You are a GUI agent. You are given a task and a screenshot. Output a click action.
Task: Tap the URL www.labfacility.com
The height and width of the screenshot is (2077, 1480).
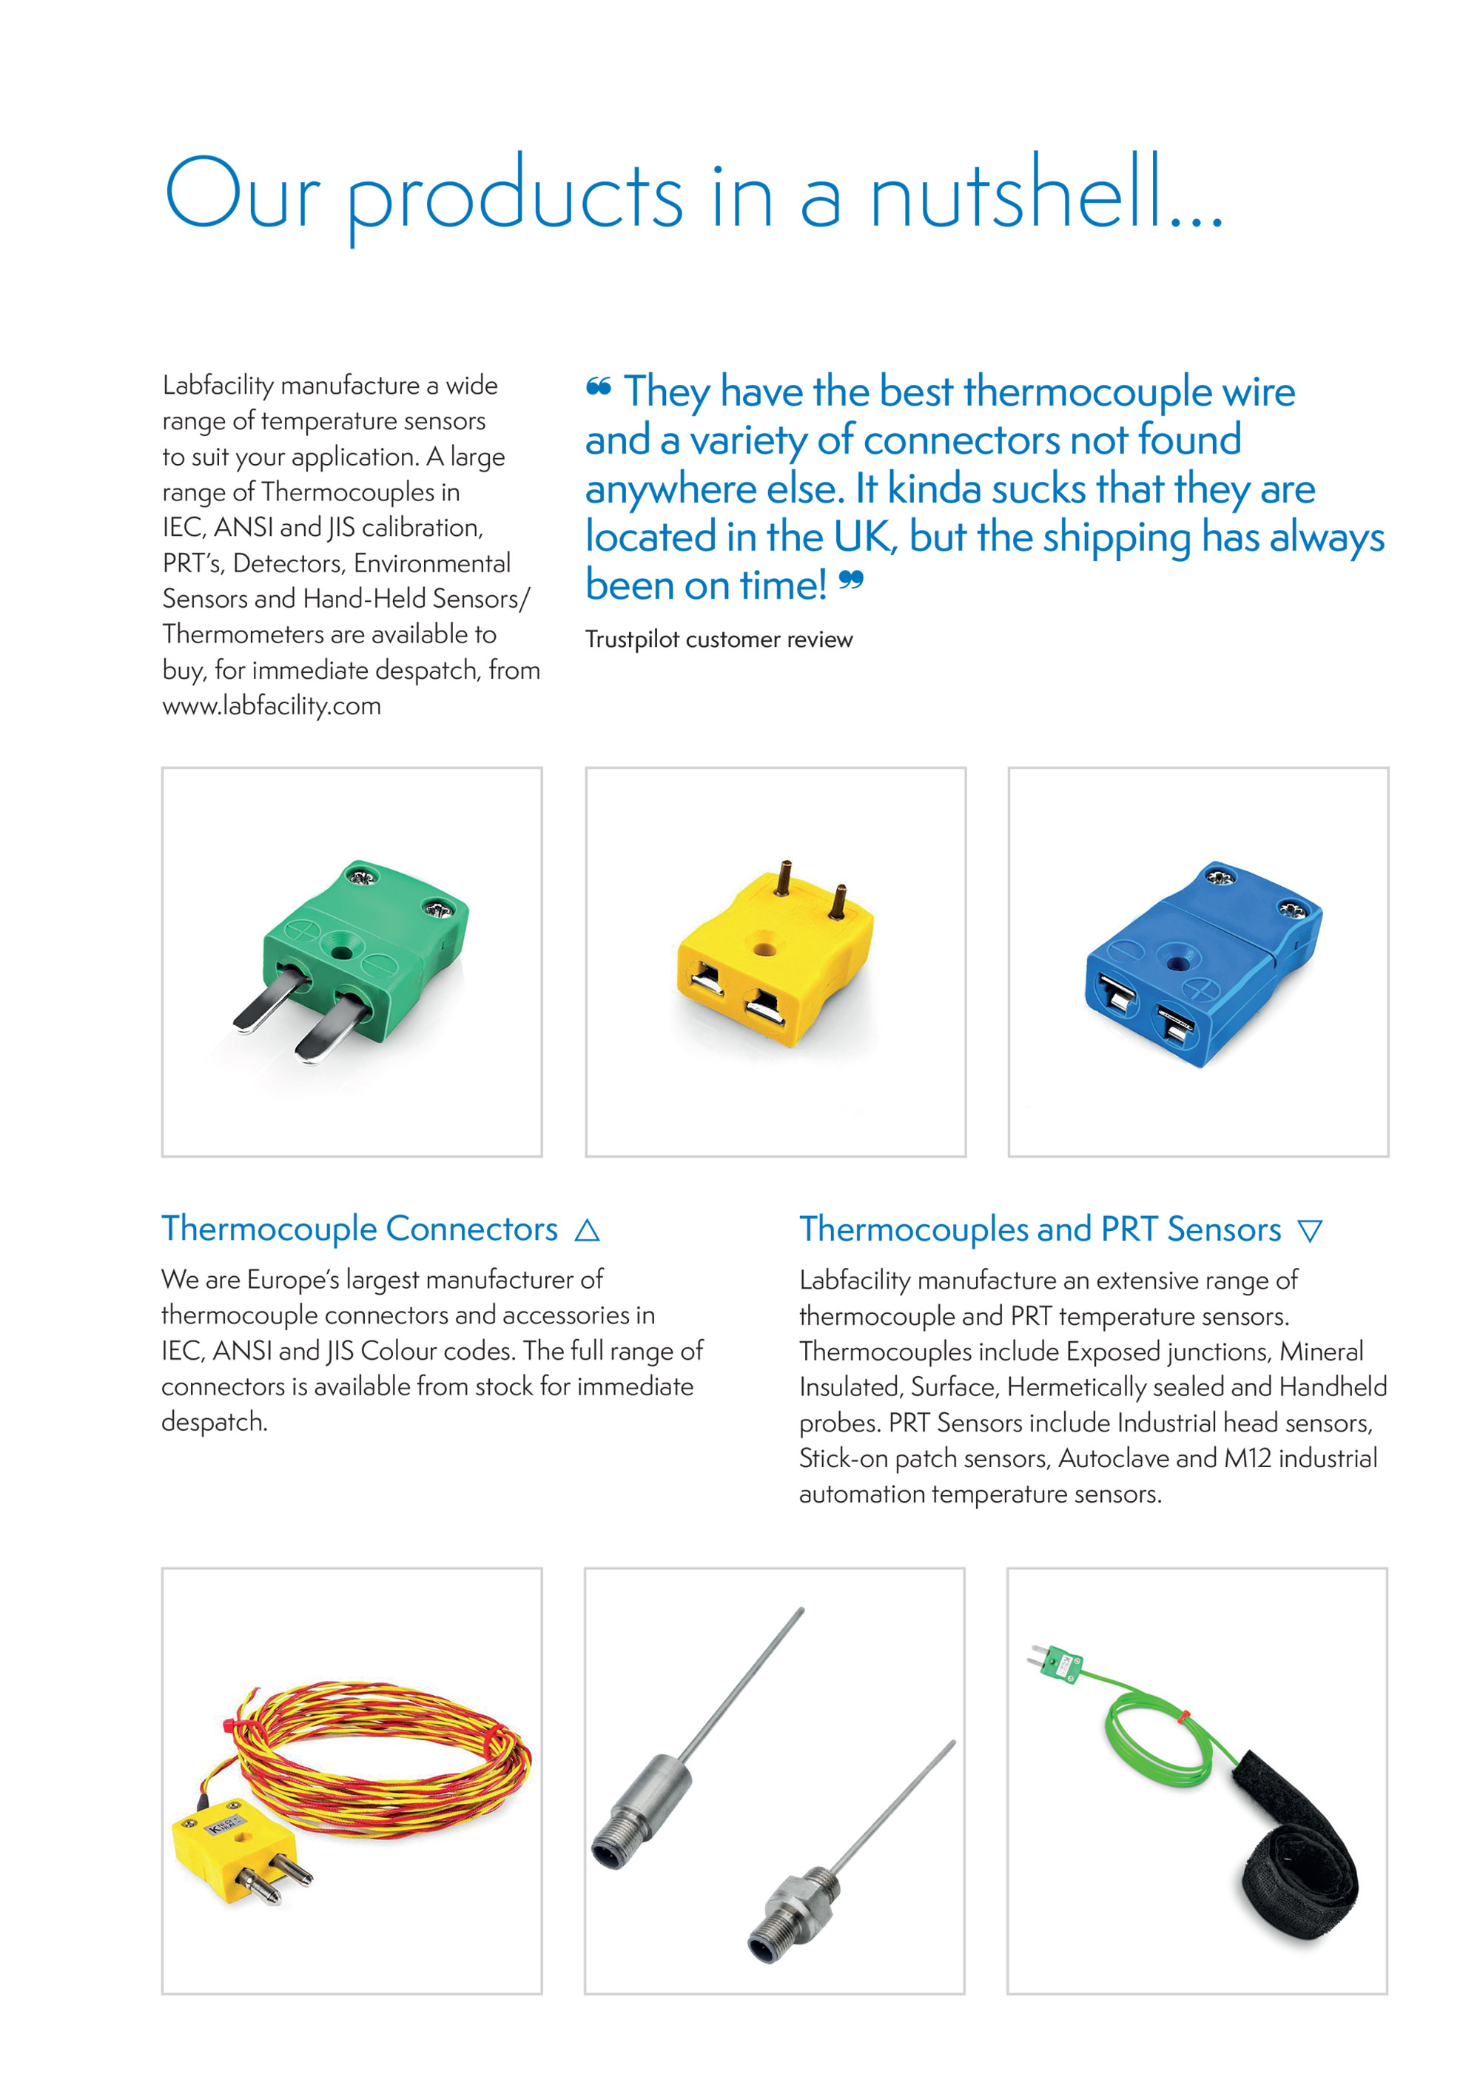(272, 705)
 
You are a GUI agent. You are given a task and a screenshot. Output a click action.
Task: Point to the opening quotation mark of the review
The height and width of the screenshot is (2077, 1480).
(598, 387)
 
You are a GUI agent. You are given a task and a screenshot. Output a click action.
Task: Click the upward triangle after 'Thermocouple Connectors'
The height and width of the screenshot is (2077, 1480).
(587, 1230)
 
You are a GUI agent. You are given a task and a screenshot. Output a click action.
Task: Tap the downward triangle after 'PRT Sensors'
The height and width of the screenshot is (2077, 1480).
(1310, 1231)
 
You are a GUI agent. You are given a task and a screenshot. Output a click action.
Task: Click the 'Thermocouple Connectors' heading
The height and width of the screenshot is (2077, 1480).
(359, 1229)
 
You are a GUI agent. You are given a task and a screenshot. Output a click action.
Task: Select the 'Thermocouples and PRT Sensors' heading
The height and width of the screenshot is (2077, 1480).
(1040, 1229)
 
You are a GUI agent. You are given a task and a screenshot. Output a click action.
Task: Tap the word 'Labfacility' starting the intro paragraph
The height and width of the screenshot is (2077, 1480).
(218, 386)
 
